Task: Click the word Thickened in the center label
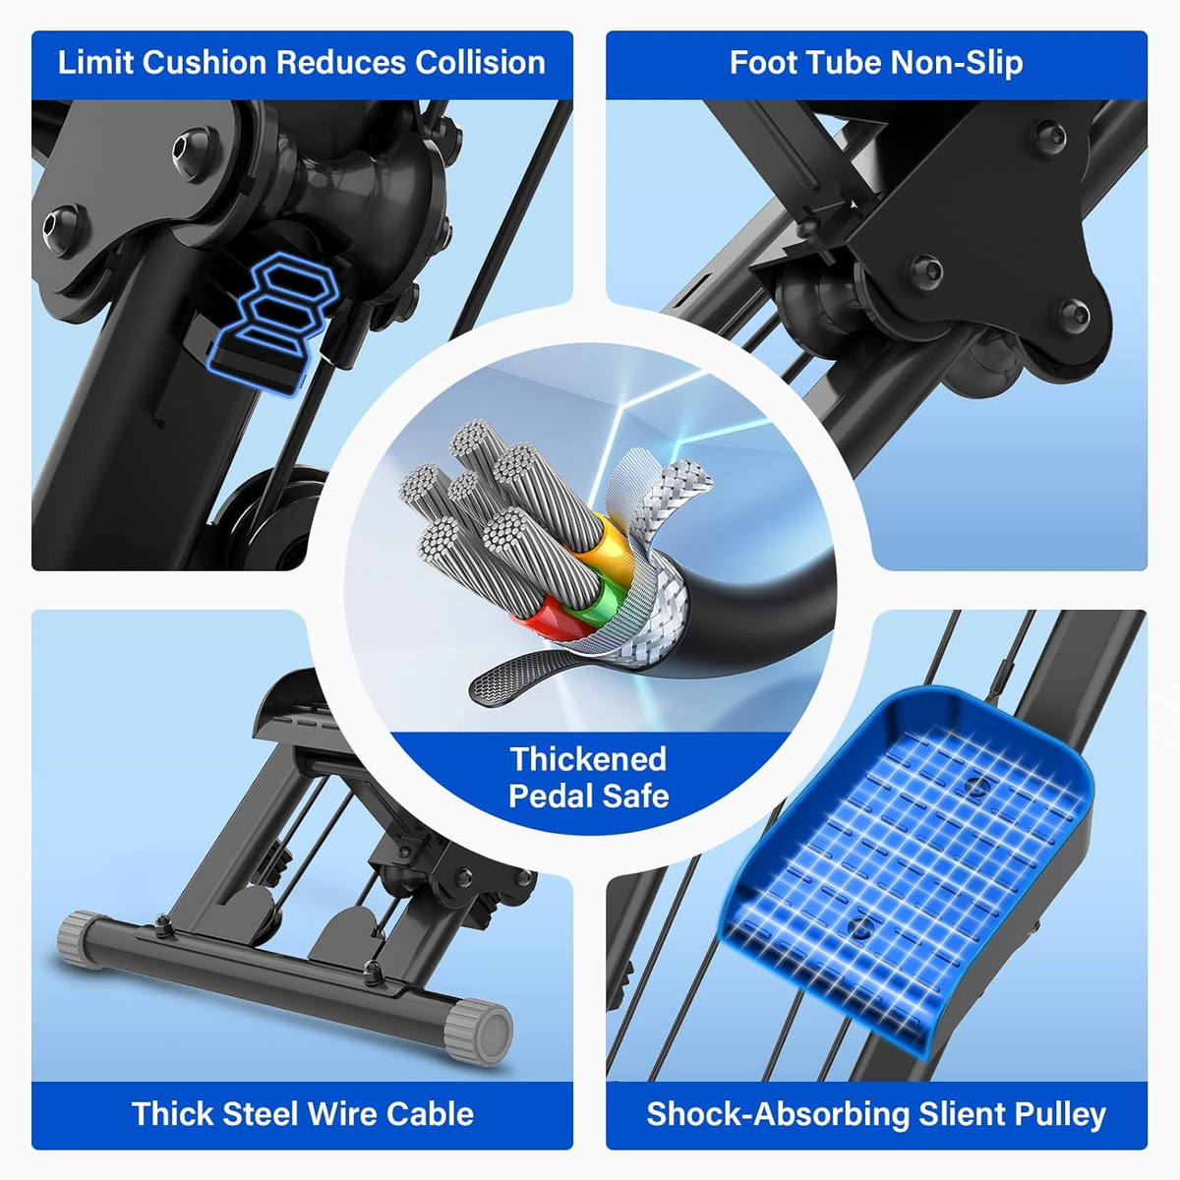(x=588, y=759)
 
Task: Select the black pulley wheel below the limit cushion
(x=264, y=517)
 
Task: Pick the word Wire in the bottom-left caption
(x=343, y=1114)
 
